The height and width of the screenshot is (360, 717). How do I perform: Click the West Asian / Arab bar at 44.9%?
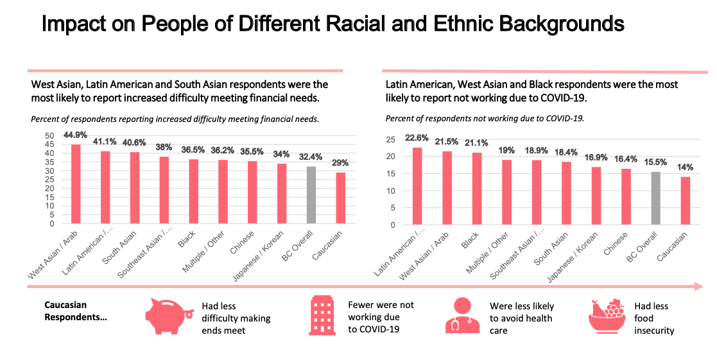pyautogui.click(x=76, y=184)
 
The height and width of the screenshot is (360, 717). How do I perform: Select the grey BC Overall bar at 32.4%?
pyautogui.click(x=311, y=195)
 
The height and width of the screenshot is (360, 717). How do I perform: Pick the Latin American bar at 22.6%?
pyautogui.click(x=417, y=186)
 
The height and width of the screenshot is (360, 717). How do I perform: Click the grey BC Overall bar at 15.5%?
pyautogui.click(x=656, y=198)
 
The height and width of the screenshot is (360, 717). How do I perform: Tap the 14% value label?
pyautogui.click(x=686, y=167)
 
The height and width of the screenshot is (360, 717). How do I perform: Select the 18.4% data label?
pyautogui.click(x=566, y=153)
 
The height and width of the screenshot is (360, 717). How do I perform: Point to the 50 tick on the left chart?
pyautogui.click(x=49, y=136)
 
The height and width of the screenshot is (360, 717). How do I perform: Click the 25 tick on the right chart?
pyautogui.click(x=390, y=139)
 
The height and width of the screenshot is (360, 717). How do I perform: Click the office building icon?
pyautogui.click(x=322, y=316)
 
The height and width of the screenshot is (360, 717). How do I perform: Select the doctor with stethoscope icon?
pyautogui.click(x=462, y=315)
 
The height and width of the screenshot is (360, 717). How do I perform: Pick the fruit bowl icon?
pyautogui.click(x=606, y=316)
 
